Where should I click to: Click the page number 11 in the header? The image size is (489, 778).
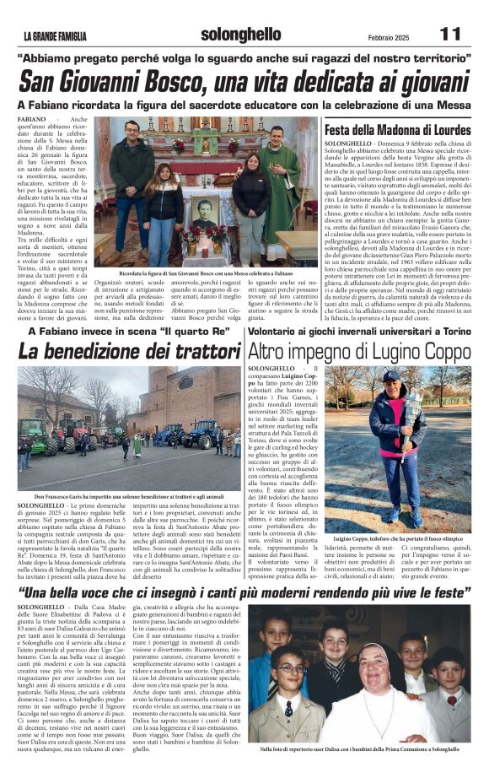pyautogui.click(x=450, y=33)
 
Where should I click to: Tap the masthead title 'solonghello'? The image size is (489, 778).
pyautogui.click(x=240, y=34)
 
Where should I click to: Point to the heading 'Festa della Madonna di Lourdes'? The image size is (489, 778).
pyautogui.click(x=396, y=131)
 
